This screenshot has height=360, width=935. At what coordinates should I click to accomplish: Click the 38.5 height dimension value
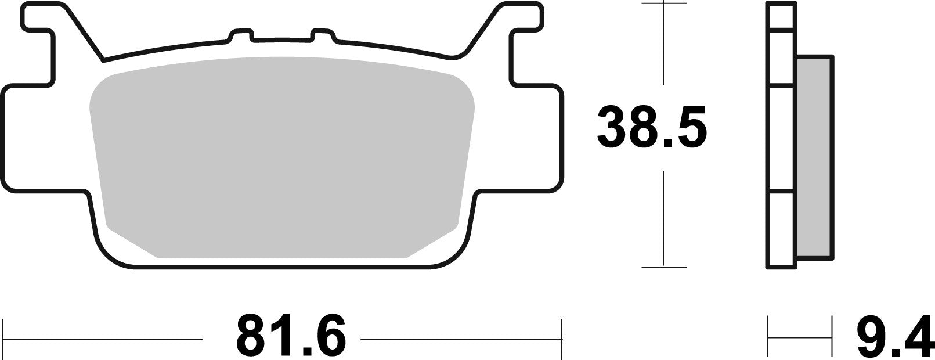tap(652, 126)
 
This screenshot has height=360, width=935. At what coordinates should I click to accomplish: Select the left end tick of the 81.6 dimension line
tap(5, 337)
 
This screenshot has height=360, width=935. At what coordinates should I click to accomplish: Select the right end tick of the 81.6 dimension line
tap(561, 337)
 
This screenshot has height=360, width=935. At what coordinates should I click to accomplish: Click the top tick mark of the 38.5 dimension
tap(663, 4)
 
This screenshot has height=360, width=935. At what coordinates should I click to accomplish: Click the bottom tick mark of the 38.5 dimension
tap(663, 267)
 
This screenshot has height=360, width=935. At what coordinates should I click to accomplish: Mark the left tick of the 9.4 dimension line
tap(768, 337)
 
